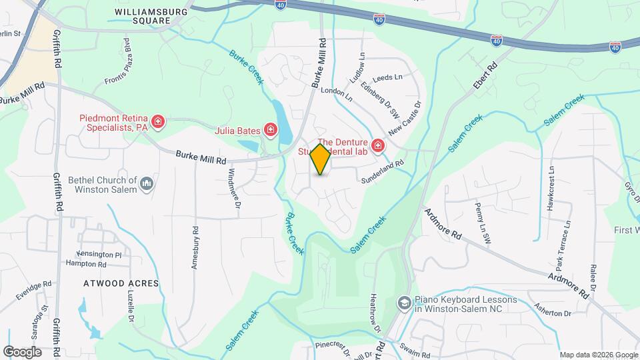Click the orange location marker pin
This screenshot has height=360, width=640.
pyautogui.click(x=321, y=159)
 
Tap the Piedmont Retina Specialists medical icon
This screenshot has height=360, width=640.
pyautogui.click(x=158, y=121)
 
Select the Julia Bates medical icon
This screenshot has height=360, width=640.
pyautogui.click(x=271, y=129)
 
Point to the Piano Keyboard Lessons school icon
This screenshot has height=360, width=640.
pyautogui.click(x=403, y=303)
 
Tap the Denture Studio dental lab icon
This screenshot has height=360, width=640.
pyautogui.click(x=378, y=145)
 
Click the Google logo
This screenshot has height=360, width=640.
pyautogui.click(x=23, y=351)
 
